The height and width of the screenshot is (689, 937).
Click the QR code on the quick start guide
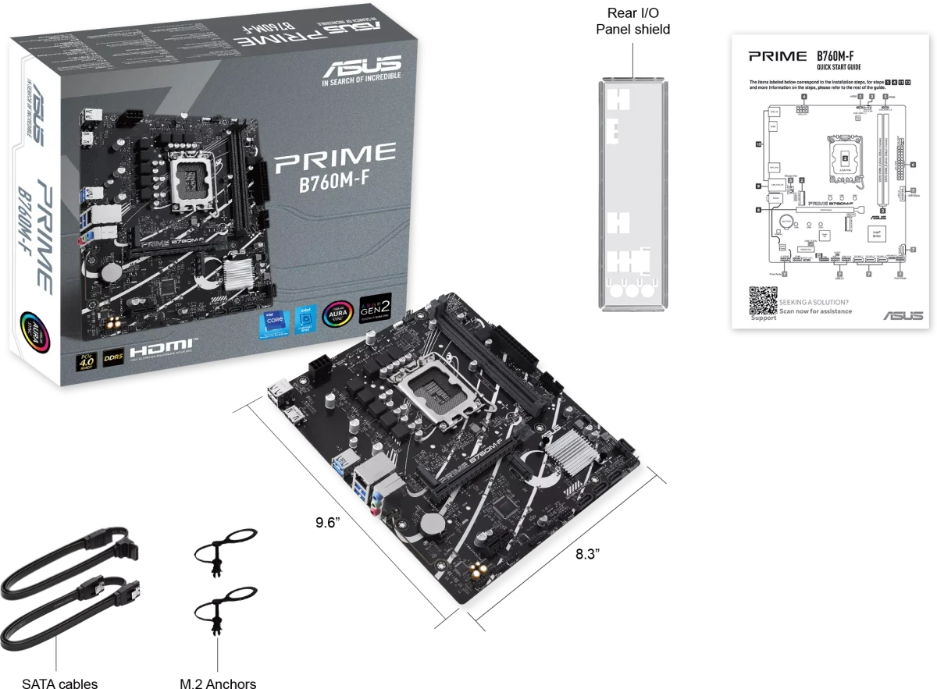point(763,300)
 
